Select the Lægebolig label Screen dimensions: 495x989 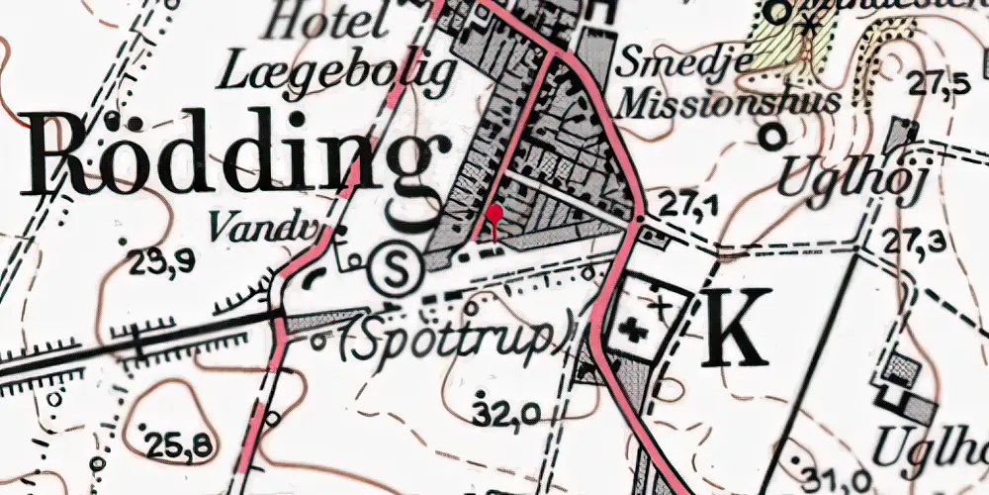coord(340,73)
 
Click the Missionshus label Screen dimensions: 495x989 coord(727,101)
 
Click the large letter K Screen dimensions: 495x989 coord(737,328)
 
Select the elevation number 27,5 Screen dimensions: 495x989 coord(940,84)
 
